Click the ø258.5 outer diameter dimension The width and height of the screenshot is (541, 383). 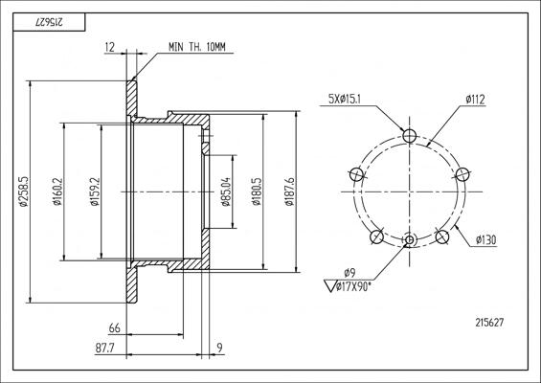point(24,191)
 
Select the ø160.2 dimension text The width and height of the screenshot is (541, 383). point(56,191)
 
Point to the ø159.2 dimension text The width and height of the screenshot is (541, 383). point(95,191)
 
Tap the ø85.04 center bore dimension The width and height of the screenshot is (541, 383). point(225,191)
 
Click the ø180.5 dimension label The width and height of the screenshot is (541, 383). point(257,191)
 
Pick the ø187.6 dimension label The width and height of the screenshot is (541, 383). point(289,191)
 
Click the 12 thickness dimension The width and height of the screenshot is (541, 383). point(109,47)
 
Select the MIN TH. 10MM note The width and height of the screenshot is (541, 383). point(197,47)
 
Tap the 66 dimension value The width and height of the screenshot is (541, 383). point(115,327)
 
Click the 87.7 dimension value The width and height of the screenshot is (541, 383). point(105,348)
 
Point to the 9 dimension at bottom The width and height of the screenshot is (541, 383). point(219,348)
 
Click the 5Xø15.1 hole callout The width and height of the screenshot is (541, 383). point(345,100)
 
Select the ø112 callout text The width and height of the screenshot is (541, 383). point(475,100)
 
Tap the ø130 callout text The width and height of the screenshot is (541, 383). point(485,239)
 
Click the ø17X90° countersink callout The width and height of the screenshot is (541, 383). point(353,286)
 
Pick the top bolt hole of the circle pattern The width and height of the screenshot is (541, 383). point(410,135)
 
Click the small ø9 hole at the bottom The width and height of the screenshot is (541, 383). point(410,239)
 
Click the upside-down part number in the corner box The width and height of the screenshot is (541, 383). point(49,22)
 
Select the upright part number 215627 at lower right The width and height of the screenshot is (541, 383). point(489,323)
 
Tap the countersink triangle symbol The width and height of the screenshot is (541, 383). point(330,286)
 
